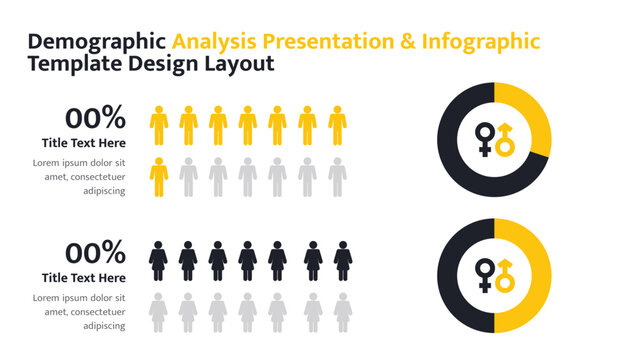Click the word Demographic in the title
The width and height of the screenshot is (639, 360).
click(96, 42)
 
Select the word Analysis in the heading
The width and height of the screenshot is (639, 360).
click(215, 42)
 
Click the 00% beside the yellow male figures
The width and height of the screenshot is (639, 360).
click(95, 117)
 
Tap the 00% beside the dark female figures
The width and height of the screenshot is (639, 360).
click(95, 252)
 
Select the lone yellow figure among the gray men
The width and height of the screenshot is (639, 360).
click(158, 176)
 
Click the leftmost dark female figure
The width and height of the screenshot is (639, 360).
click(158, 260)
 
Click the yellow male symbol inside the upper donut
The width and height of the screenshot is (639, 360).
click(505, 140)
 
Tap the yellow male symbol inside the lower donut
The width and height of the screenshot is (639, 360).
click(505, 275)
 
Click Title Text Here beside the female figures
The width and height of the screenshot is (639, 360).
click(84, 278)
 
